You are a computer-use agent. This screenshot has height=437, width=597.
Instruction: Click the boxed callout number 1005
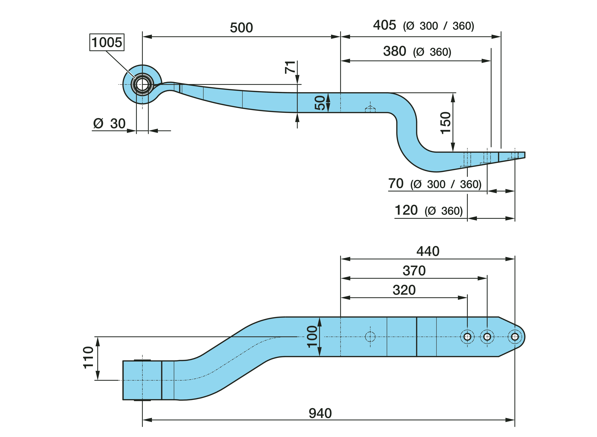[107, 42]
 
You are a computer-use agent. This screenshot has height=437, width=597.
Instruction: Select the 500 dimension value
[241, 28]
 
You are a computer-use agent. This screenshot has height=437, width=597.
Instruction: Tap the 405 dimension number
[384, 25]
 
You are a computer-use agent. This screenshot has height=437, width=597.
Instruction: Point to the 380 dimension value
[394, 51]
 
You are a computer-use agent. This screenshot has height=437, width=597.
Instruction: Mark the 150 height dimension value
[445, 123]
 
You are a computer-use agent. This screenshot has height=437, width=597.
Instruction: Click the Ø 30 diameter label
[109, 124]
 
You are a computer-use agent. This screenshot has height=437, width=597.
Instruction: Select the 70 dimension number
[396, 184]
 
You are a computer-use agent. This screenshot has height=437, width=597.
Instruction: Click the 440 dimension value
[428, 251]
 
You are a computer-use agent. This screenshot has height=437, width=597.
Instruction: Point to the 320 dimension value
[404, 290]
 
